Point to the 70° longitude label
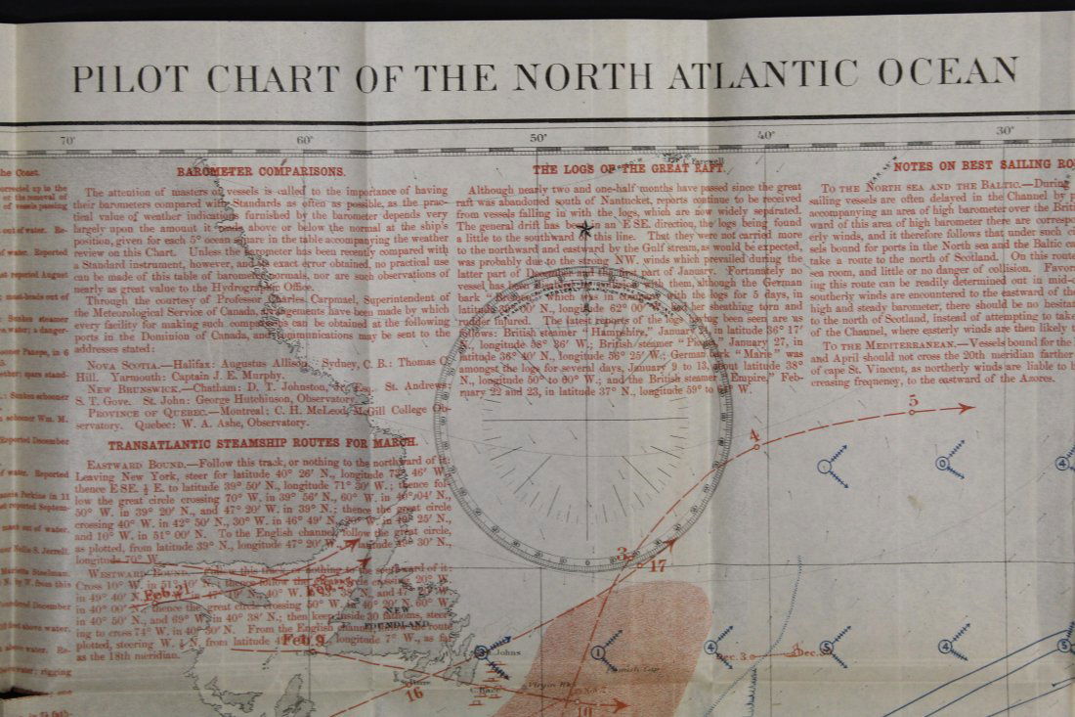click(67, 141)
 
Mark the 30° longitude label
click(1005, 132)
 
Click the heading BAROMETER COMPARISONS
click(261, 170)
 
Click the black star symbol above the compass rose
click(585, 230)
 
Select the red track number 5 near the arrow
click(913, 399)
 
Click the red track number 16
click(415, 694)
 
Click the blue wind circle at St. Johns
click(481, 652)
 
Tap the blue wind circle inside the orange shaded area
click(598, 652)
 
